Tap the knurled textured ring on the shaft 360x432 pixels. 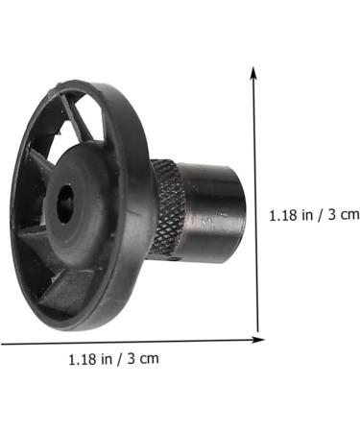169,207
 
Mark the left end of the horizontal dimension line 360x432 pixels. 3,343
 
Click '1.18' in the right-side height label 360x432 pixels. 284,214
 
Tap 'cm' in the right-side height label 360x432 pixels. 349,214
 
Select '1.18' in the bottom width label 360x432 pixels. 84,359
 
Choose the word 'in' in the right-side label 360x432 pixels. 307,214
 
